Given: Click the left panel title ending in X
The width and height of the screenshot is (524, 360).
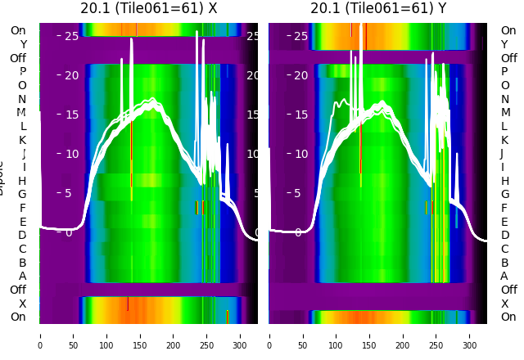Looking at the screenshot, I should pyautogui.click(x=148, y=9).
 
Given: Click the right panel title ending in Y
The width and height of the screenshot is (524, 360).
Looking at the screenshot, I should pyautogui.click(x=378, y=9).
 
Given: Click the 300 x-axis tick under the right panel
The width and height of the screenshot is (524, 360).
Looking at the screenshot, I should pyautogui.click(x=470, y=335).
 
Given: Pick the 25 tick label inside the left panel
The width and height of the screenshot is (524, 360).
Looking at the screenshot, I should pyautogui.click(x=71, y=36).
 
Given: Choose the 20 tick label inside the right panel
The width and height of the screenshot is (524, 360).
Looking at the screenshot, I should pyautogui.click(x=301, y=75).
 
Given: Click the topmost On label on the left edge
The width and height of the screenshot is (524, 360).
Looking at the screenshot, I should pyautogui.click(x=18, y=31).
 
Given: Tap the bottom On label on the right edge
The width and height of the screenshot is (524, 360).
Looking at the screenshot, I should pyautogui.click(x=508, y=317).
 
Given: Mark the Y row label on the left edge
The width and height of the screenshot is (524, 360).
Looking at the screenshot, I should pyautogui.click(x=23, y=45).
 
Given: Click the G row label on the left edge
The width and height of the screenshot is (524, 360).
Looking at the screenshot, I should pyautogui.click(x=22, y=194).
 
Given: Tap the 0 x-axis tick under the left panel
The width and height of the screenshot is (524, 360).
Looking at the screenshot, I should pyautogui.click(x=40, y=335).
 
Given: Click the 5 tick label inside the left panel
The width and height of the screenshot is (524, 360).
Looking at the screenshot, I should pyautogui.click(x=69, y=194).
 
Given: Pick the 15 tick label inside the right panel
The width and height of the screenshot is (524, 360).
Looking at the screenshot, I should pyautogui.click(x=301, y=115).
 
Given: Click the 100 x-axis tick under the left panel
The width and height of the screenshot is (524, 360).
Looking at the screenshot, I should pyautogui.click(x=106, y=335).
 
